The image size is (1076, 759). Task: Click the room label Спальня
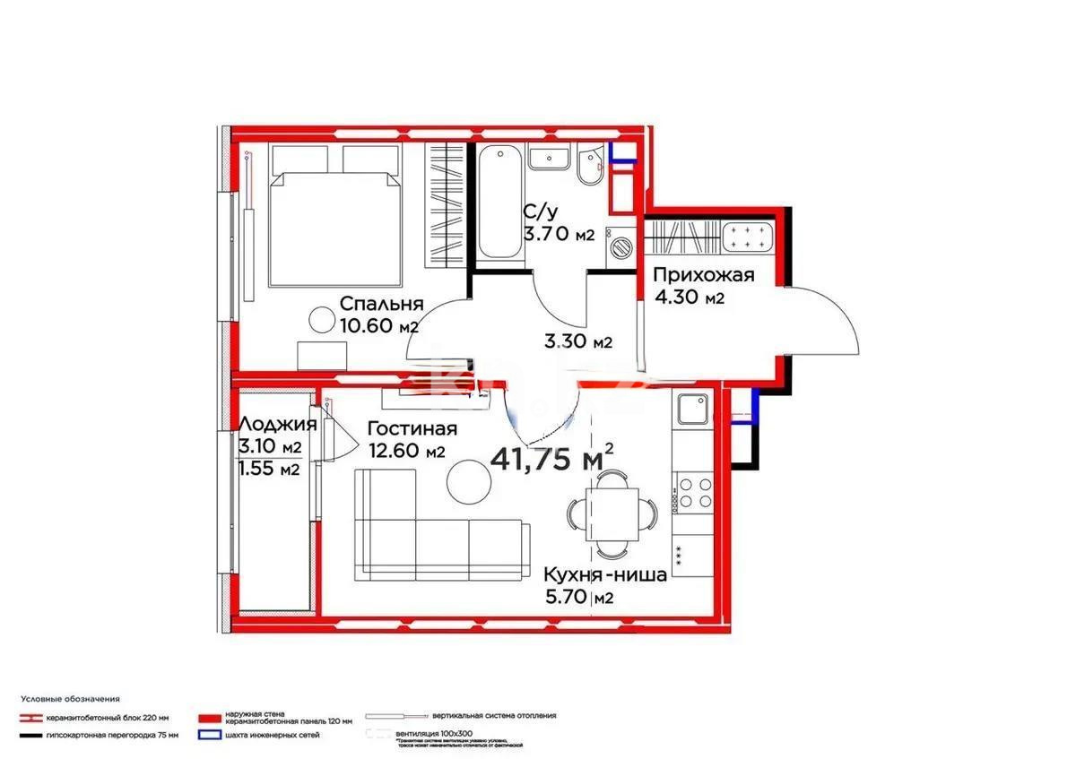381,303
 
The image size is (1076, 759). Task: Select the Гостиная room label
412,429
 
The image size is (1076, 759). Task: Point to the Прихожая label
703,275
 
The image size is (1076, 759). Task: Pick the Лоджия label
277,425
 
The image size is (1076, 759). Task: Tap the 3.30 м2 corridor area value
578,341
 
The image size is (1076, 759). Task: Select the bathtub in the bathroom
497,204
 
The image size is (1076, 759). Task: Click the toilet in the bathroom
589,168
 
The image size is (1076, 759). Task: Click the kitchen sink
694,410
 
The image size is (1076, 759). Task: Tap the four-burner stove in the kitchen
694,492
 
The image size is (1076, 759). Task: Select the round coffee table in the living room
469,482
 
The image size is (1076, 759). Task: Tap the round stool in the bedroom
320,318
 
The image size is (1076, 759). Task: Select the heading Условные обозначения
71,698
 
